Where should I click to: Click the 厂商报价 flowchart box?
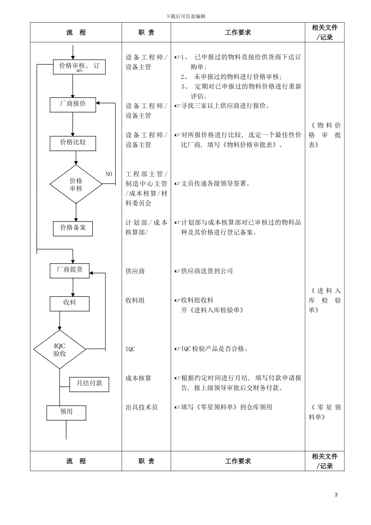pos(73,105)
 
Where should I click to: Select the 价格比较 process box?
pos(73,143)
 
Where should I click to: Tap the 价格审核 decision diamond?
pos(76,184)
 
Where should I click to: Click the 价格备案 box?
pos(73,229)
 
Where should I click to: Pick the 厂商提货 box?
pos(70,271)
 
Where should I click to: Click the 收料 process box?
pos(70,304)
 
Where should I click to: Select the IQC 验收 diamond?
pos(59,350)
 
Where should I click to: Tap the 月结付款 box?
pos(89,384)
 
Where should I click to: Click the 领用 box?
pos(66,412)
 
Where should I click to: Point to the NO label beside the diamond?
pos(109,174)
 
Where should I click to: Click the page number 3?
pos(336,495)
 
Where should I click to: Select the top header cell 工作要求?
pos(238,32)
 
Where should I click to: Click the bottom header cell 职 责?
pos(146,461)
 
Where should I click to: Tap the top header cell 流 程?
pos(76,32)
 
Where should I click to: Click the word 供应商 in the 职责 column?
pos(135,271)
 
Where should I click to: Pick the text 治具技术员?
pos(141,407)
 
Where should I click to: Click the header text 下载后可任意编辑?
pos(185,16)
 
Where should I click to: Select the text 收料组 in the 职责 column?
pos(135,300)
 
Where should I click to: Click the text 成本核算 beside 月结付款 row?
pos(138,378)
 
